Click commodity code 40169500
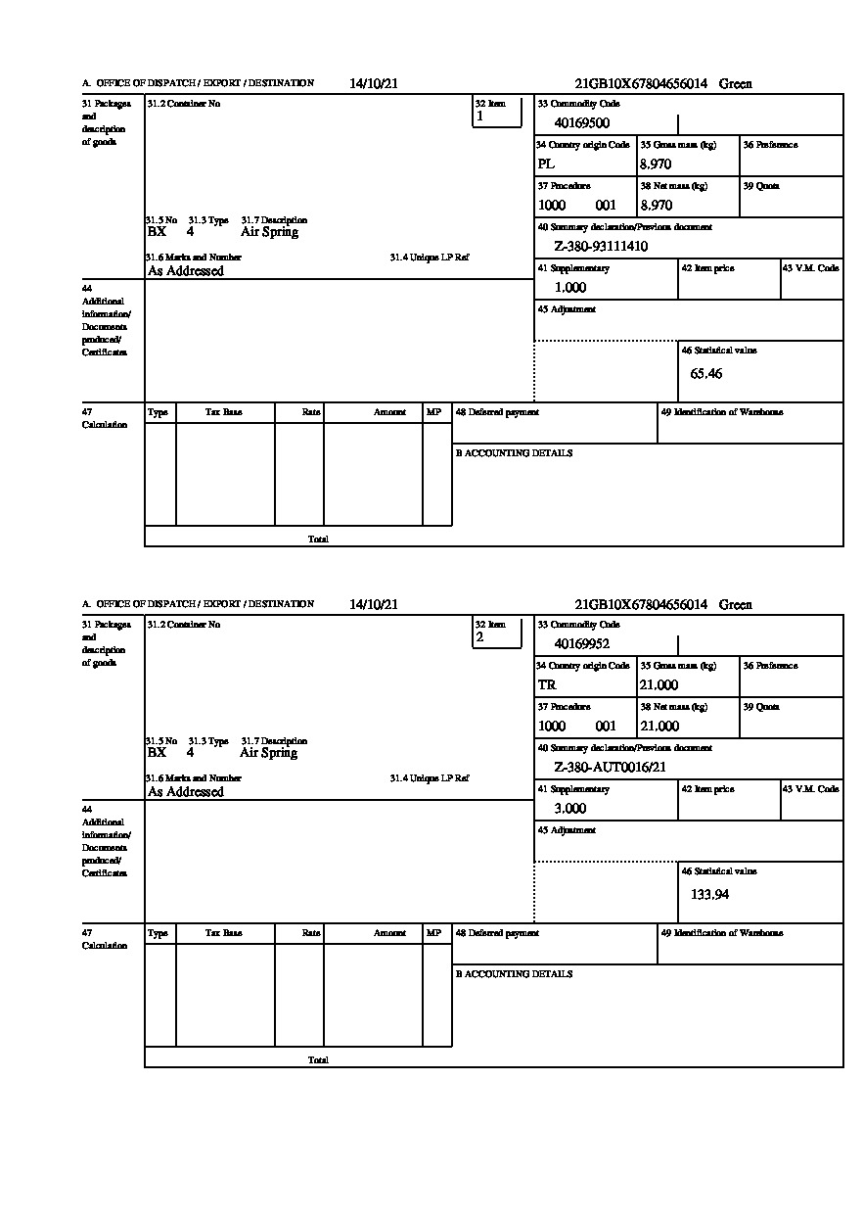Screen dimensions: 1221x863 581,123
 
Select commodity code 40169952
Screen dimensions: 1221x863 581,644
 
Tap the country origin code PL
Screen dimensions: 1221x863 546,164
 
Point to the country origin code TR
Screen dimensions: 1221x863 547,685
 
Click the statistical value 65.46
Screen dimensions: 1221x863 705,374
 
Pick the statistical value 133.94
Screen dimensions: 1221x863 709,895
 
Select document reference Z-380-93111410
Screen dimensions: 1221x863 601,247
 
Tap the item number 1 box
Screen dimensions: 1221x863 497,112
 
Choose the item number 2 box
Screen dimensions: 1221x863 497,633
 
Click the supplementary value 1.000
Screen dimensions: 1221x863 570,288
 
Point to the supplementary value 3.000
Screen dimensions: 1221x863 570,809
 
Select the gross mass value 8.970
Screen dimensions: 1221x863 656,164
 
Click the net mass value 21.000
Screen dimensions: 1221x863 659,727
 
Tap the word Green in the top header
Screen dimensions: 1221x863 735,84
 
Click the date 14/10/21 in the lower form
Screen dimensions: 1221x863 374,605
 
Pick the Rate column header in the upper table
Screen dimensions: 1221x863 311,413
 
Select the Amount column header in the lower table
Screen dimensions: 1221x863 389,934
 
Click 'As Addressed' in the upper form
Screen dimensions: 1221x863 186,271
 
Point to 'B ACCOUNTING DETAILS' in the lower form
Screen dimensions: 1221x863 514,974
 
